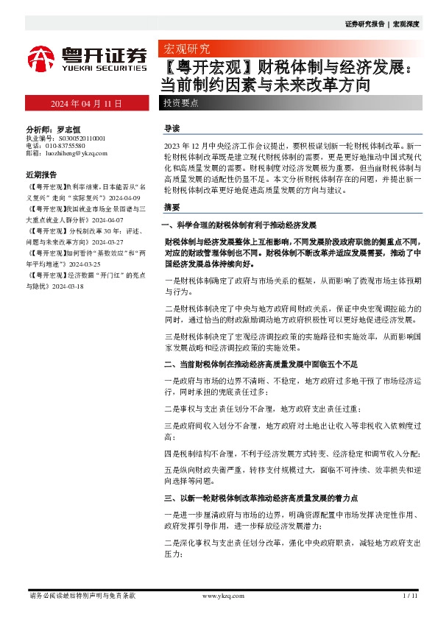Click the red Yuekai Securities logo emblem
[42, 57]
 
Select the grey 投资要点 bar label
[181, 103]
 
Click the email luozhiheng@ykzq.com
[76, 154]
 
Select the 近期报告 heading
[41, 175]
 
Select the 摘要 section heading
[172, 207]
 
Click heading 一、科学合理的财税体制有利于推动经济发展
[238, 224]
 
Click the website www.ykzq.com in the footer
[217, 595]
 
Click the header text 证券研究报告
[364, 24]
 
